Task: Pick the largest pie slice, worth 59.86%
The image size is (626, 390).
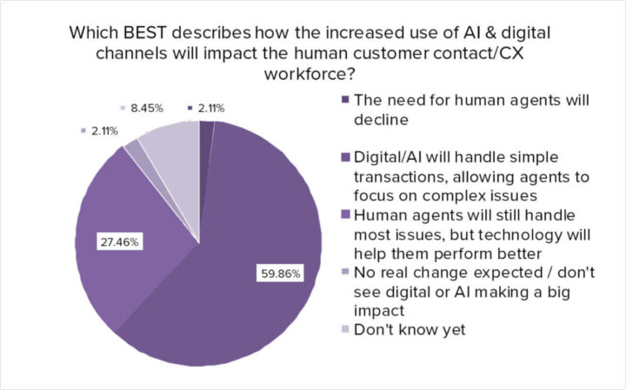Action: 252,261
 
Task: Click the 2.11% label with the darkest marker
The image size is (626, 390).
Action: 210,109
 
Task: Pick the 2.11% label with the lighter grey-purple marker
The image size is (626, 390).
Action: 103,130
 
